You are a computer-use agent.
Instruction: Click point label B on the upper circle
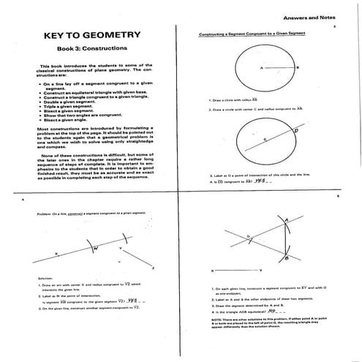(298, 67)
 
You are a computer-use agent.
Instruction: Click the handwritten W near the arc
(96, 249)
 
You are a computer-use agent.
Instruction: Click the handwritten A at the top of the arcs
(289, 219)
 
